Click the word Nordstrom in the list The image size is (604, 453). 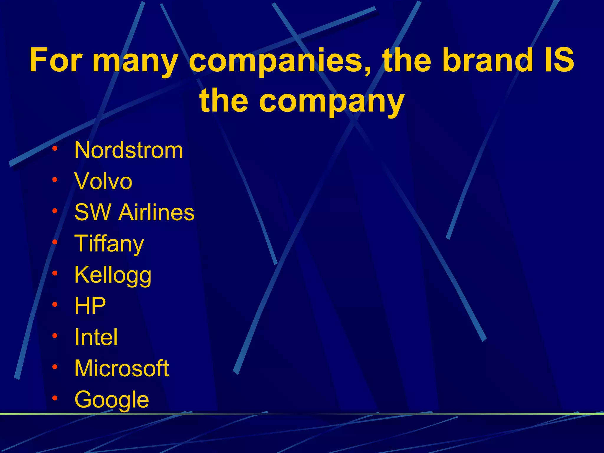pyautogui.click(x=129, y=150)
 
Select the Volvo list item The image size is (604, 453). pyautogui.click(x=103, y=181)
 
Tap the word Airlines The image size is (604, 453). pyautogui.click(x=156, y=212)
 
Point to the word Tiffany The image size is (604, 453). pyautogui.click(x=109, y=244)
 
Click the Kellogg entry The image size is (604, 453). pyautogui.click(x=113, y=275)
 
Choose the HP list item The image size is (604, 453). pyautogui.click(x=90, y=306)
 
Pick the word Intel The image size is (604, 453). pyautogui.click(x=96, y=337)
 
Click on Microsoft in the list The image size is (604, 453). pyautogui.click(x=122, y=368)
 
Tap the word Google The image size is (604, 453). pyautogui.click(x=112, y=400)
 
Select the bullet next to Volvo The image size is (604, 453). pyautogui.click(x=55, y=180)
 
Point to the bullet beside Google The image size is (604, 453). pyautogui.click(x=55, y=398)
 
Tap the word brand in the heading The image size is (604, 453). pyautogui.click(x=488, y=60)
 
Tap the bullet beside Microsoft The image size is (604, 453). pyautogui.click(x=55, y=367)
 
